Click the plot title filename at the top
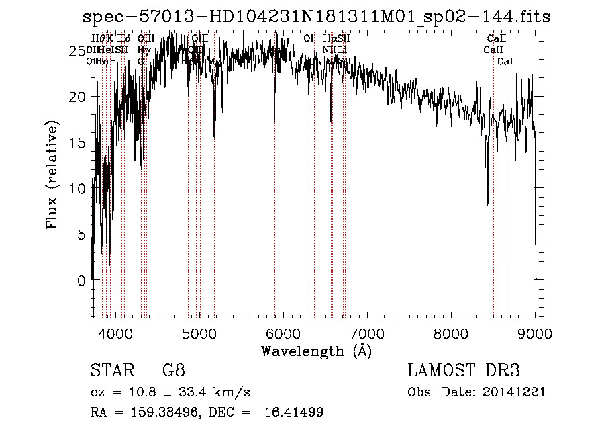click(x=321, y=17)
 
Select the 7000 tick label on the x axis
click(x=366, y=333)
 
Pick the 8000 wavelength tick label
click(x=450, y=333)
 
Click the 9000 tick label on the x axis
click(x=534, y=333)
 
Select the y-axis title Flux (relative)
click(x=52, y=175)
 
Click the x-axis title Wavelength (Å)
click(x=316, y=351)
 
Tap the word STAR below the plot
click(x=111, y=371)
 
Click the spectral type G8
click(x=174, y=371)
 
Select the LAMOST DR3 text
click(x=464, y=371)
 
